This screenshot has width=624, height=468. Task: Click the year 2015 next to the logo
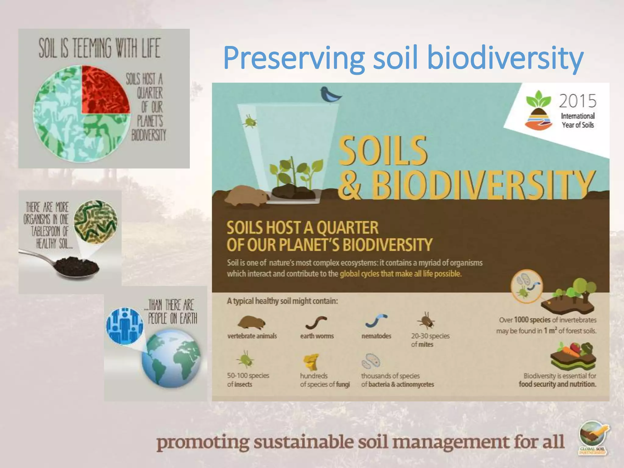[x=577, y=101]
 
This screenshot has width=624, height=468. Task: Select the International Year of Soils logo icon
[x=538, y=110]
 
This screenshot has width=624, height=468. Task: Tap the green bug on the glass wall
[x=250, y=121]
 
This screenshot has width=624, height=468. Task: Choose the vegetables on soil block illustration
[x=573, y=356]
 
